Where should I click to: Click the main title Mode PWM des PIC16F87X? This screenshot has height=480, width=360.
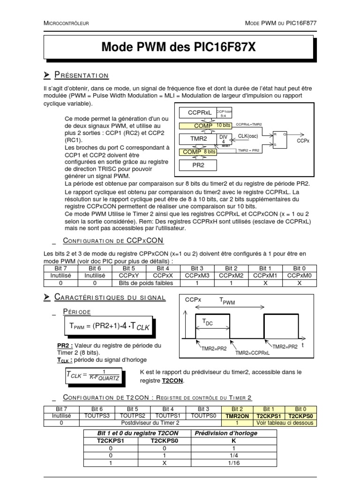(x=179, y=47)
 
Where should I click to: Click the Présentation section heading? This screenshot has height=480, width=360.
(x=82, y=75)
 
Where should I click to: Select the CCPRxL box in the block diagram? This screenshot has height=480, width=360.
(x=201, y=113)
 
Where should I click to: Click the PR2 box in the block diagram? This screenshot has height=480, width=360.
(x=197, y=165)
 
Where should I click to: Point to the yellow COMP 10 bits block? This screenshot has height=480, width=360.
(x=206, y=126)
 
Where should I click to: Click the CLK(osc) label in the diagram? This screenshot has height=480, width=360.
(x=249, y=135)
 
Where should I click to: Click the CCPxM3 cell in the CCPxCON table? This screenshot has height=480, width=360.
(x=197, y=276)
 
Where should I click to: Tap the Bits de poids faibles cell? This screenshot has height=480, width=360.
(x=146, y=283)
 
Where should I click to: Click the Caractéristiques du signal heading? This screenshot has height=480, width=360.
(x=110, y=298)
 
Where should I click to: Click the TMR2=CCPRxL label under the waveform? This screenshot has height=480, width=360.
(x=253, y=352)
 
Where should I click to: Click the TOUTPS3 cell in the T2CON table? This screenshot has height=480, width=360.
(x=97, y=416)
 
